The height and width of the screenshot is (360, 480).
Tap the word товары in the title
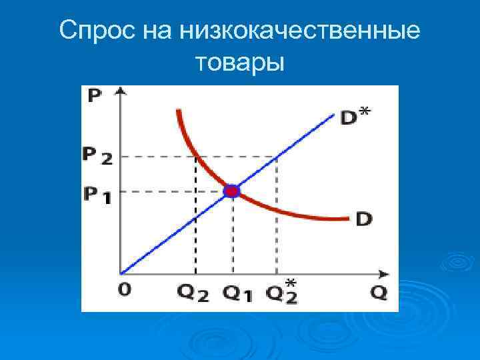coord(240,63)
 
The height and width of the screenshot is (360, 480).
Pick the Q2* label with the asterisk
coord(281,292)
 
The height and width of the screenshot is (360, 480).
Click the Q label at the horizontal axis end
coord(379,293)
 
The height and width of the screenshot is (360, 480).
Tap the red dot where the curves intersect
coord(231,191)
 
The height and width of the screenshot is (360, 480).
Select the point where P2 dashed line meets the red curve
coord(195,157)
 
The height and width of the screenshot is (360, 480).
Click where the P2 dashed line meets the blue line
coord(277,157)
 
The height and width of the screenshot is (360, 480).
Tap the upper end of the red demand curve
coord(179,110)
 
